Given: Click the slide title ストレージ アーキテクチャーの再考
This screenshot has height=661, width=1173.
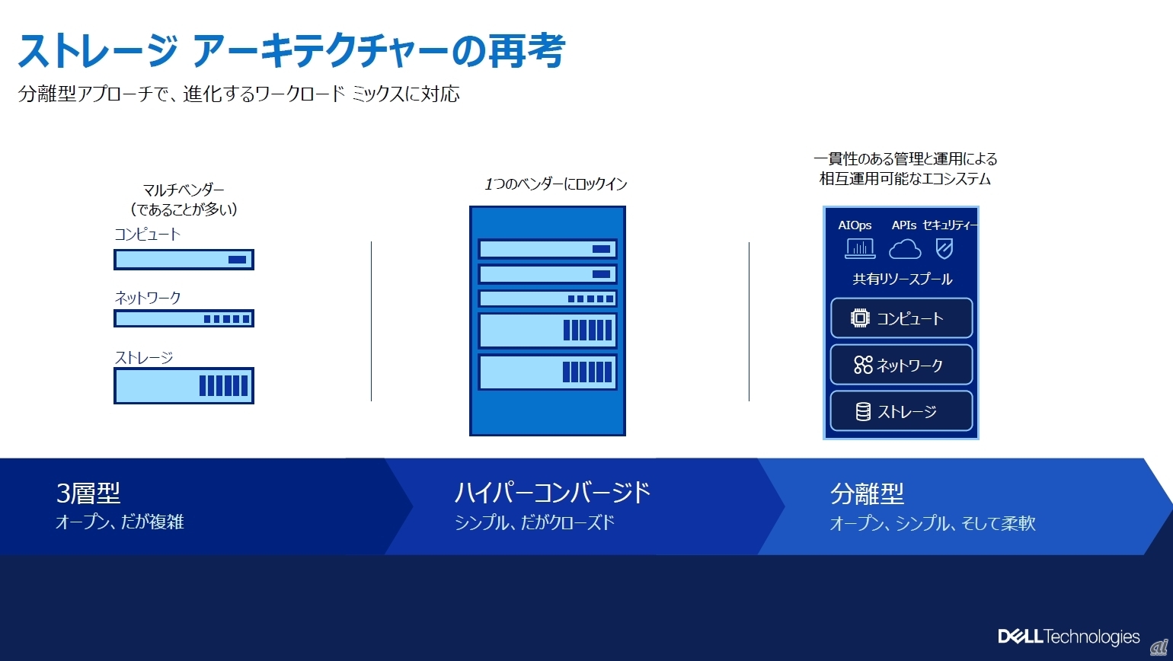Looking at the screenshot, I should [291, 51].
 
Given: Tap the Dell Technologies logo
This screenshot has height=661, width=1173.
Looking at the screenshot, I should [1069, 637].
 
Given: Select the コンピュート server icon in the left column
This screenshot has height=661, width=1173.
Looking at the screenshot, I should [184, 260].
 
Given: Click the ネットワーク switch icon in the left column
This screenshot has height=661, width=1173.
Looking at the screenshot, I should [184, 318].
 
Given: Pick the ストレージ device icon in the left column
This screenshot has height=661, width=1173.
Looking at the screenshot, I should [184, 385].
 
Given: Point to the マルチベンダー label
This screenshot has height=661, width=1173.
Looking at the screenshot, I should [184, 190].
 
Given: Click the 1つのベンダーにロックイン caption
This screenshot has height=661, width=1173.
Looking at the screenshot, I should [555, 184].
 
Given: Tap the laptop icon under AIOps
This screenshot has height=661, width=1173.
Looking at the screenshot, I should [860, 248].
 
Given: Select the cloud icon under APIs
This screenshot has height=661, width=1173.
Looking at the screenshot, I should [905, 248].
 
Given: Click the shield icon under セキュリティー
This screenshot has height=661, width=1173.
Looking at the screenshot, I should [944, 248].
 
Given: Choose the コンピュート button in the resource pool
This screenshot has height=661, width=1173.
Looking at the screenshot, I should [901, 318].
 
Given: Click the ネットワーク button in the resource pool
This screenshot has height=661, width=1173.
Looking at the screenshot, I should [901, 365].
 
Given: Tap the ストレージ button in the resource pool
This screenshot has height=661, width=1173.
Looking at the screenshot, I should [901, 411].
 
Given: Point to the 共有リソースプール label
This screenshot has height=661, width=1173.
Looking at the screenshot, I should [902, 279].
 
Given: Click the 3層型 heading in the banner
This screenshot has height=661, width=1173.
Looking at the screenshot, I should [88, 493].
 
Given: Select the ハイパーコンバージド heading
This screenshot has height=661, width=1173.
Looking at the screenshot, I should [552, 493].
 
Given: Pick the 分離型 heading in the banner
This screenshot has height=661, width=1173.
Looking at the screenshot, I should [867, 494].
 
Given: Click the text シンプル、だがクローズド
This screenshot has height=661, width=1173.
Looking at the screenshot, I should [534, 522].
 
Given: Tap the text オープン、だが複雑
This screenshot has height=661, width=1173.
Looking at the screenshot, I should [120, 522].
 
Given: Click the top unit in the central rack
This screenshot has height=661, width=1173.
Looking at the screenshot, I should [547, 249].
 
